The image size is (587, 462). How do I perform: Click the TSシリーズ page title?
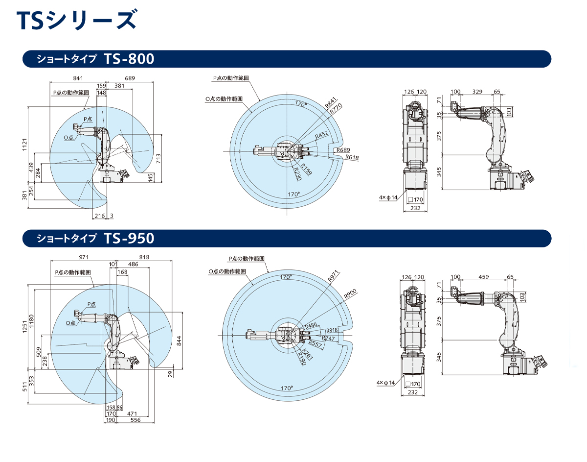click(x=76, y=21)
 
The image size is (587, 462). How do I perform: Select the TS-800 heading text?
click(x=129, y=59)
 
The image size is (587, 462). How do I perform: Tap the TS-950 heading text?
click(x=129, y=239)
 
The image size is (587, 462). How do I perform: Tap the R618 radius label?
click(x=352, y=157)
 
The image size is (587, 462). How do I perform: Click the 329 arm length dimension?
click(x=477, y=92)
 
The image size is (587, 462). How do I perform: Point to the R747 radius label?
click(x=329, y=338)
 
